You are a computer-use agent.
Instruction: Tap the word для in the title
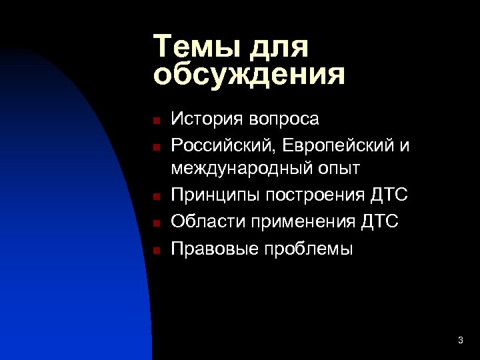click(281, 47)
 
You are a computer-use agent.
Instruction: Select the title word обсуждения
click(249, 75)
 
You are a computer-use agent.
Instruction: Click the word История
click(207, 119)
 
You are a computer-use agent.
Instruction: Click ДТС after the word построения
click(389, 195)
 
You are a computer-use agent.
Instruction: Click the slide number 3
click(461, 341)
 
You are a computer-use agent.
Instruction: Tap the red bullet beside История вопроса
click(153, 121)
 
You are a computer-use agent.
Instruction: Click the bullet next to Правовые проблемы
click(153, 250)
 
